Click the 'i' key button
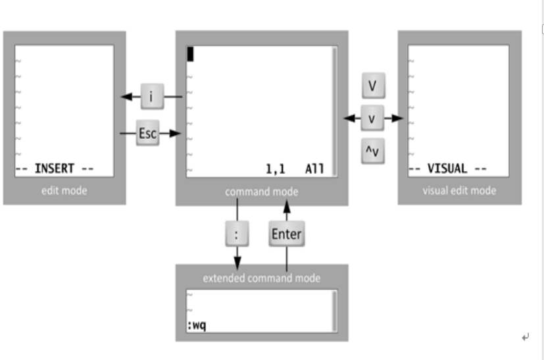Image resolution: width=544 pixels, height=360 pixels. (x=151, y=97)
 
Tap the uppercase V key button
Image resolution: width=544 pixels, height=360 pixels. (x=372, y=86)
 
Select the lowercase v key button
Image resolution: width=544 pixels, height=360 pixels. (x=372, y=119)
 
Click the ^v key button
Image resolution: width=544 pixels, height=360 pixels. (x=372, y=152)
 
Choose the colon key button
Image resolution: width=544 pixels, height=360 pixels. (x=236, y=234)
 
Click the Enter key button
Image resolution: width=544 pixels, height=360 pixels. (x=286, y=234)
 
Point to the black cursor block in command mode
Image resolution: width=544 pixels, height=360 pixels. (x=190, y=55)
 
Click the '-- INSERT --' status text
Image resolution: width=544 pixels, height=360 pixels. (x=55, y=168)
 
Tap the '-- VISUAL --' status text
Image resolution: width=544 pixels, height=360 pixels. (x=447, y=168)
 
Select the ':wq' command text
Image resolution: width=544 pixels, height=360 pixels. (x=197, y=325)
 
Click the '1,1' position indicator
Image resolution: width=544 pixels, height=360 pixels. (x=276, y=169)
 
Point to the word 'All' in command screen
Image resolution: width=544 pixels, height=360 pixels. (x=314, y=169)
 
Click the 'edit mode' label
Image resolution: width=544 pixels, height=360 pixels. (x=64, y=191)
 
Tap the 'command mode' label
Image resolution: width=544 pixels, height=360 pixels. (x=261, y=192)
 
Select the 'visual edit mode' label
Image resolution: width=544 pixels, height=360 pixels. (x=459, y=191)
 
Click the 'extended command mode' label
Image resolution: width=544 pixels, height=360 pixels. (x=261, y=278)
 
